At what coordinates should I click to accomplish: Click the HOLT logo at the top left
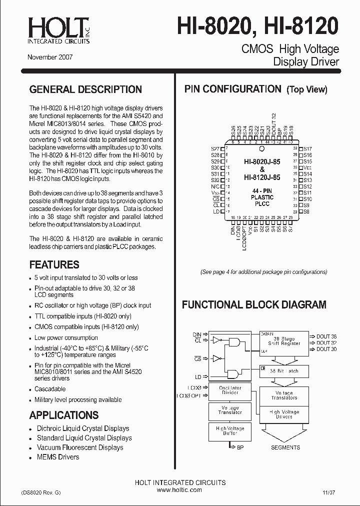[59, 30]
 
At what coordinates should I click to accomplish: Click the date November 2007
[50, 57]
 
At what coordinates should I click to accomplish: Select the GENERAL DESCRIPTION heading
[85, 90]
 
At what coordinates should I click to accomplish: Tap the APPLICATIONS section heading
[64, 415]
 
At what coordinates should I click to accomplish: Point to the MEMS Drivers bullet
[57, 457]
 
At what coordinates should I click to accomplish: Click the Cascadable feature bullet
[50, 389]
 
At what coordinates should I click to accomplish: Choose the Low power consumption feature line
[66, 338]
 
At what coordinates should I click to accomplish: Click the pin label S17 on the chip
[307, 149]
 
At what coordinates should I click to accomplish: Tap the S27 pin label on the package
[215, 149]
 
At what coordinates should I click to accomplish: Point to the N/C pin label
[215, 186]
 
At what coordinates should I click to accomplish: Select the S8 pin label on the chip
[306, 211]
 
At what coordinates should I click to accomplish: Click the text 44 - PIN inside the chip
[261, 191]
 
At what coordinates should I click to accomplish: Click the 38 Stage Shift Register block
[283, 340]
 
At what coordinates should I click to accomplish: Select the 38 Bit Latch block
[283, 371]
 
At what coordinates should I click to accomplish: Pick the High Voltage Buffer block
[230, 431]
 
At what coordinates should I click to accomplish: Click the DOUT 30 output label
[326, 349]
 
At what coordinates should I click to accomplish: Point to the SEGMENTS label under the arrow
[285, 447]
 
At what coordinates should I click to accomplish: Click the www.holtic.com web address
[179, 490]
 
